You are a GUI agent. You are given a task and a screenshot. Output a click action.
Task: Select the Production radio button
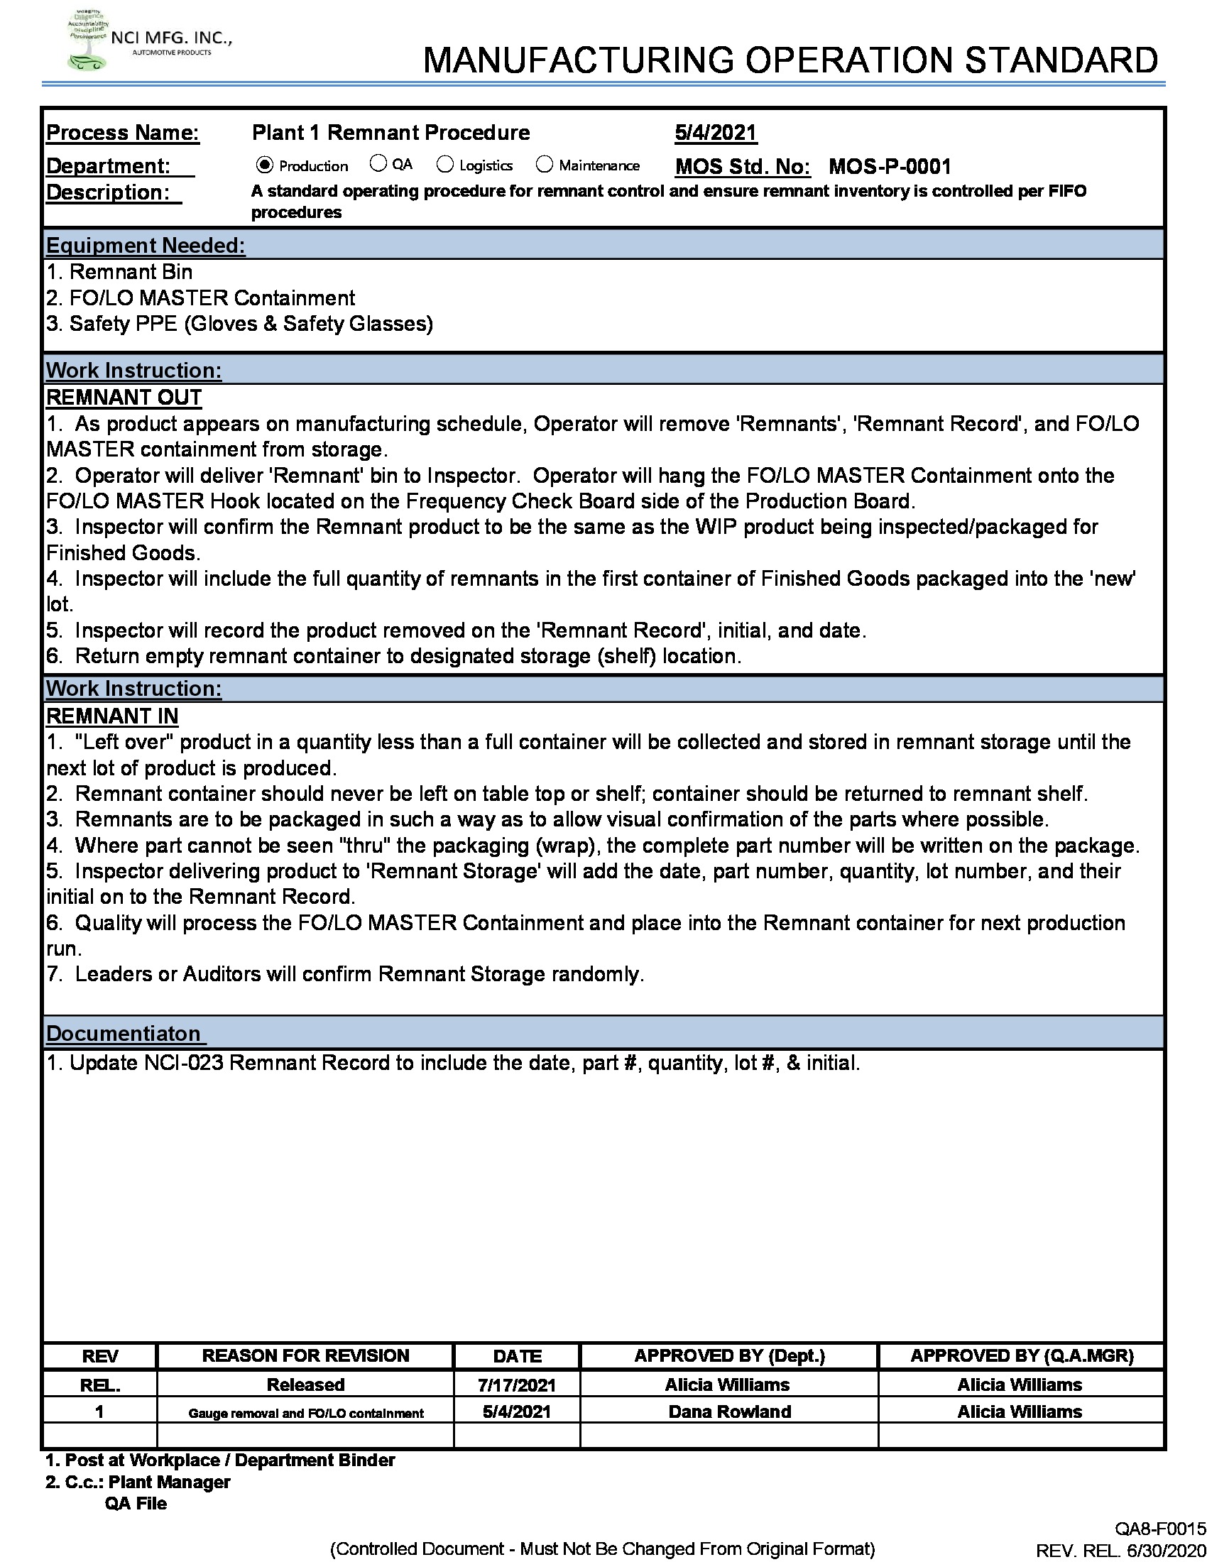click(x=265, y=165)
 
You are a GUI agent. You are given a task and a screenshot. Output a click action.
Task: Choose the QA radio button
click(x=378, y=164)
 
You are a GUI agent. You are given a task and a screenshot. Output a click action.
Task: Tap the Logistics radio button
click(x=444, y=165)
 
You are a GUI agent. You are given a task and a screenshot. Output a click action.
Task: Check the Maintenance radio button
click(x=544, y=165)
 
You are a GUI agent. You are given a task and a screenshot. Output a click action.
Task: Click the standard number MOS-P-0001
click(x=890, y=167)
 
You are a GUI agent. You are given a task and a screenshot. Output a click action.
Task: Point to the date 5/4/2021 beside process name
click(x=715, y=133)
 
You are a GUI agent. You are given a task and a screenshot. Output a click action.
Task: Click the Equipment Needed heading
click(x=145, y=246)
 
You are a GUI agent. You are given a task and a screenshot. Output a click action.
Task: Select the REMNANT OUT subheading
click(x=124, y=398)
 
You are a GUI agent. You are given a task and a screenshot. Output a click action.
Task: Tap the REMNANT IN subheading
click(x=112, y=716)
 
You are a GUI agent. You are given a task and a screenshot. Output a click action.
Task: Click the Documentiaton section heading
click(x=124, y=1034)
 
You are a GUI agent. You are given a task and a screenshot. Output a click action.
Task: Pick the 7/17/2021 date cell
click(x=516, y=1385)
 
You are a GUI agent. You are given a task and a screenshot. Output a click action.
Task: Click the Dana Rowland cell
click(x=729, y=1411)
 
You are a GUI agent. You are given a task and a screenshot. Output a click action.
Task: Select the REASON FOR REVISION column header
click(x=305, y=1356)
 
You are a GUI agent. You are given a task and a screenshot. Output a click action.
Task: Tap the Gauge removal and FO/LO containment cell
click(x=305, y=1413)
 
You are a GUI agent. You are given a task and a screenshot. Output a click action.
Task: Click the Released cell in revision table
click(x=305, y=1385)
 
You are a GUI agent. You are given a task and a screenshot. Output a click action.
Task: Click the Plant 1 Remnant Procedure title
click(x=390, y=133)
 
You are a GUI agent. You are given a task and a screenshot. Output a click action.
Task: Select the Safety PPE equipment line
click(x=239, y=324)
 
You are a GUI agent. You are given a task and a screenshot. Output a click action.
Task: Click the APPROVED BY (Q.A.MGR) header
click(x=1021, y=1356)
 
